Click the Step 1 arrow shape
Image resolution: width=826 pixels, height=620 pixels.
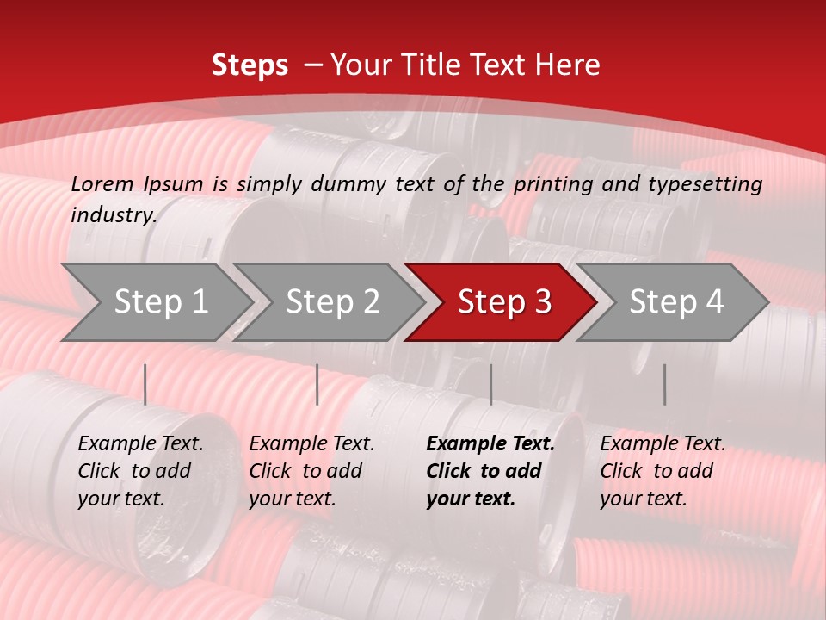[159, 301]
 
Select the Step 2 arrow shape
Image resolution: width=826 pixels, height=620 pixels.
[331, 301]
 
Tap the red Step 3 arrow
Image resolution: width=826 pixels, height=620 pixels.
[503, 301]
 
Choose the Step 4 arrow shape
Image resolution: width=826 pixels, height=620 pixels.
[675, 301]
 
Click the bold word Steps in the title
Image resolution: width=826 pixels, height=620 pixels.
[250, 65]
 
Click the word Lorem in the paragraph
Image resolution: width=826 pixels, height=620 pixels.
[102, 183]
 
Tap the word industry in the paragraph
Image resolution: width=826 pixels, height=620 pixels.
[113, 214]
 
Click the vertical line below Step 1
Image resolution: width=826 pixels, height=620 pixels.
[145, 384]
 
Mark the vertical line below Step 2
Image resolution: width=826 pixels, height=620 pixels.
[317, 384]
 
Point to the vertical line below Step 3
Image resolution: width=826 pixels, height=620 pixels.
[490, 384]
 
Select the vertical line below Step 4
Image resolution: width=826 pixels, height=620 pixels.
[664, 384]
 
